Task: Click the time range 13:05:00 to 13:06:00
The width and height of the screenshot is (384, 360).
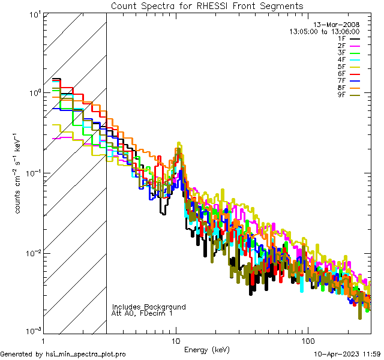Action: pos(325,32)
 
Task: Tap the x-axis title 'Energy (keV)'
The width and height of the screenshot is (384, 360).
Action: pos(207,350)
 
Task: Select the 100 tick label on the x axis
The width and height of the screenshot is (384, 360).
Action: pos(307,340)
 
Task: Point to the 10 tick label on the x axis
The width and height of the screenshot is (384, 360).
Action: pos(175,340)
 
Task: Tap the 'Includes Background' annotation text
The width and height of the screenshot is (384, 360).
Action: pos(148,307)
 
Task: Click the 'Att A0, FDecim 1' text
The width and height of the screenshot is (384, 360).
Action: pos(142,313)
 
